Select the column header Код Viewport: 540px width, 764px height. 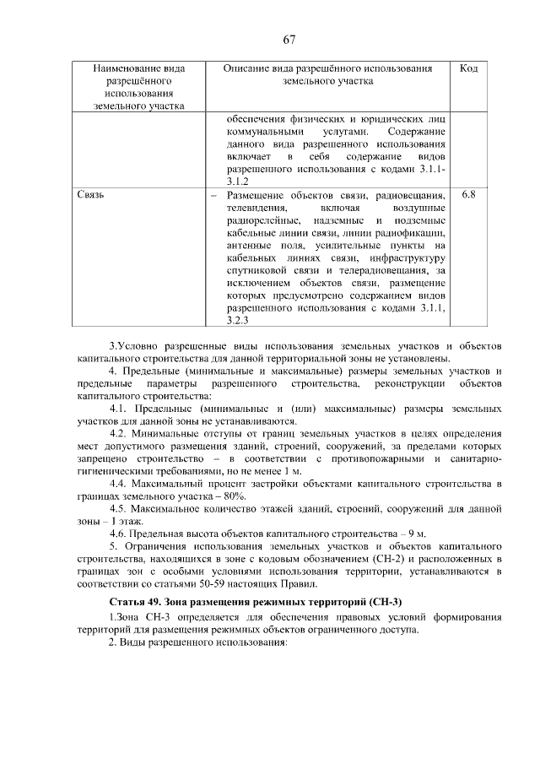(469, 68)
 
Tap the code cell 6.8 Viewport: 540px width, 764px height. (469, 194)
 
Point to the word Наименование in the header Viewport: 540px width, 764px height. (138, 68)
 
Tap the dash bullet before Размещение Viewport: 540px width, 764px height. (213, 195)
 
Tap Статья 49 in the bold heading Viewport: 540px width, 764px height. (138, 601)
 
